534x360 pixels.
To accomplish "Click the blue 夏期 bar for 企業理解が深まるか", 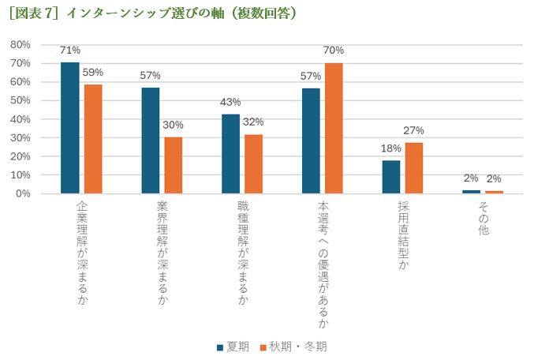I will click(70, 128).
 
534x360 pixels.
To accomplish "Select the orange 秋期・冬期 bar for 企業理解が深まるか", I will click(93, 139).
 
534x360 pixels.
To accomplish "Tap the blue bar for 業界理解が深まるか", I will click(151, 141).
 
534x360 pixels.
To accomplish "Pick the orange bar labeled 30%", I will click(174, 166).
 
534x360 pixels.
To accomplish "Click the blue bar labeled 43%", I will click(230, 154).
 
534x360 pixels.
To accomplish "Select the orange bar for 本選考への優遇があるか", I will click(334, 128).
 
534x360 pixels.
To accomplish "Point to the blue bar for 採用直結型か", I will click(391, 177).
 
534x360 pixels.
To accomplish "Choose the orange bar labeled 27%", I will click(414, 168).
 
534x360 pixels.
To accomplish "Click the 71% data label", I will click(70, 51).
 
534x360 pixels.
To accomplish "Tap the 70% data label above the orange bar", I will click(334, 51).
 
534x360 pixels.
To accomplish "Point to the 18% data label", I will click(390, 148).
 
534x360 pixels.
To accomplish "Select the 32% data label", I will click(253, 122).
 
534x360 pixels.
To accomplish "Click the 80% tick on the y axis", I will click(20, 44).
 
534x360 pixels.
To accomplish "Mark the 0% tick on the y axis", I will click(22, 193).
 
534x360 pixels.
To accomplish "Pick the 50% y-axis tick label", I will click(20, 100).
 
